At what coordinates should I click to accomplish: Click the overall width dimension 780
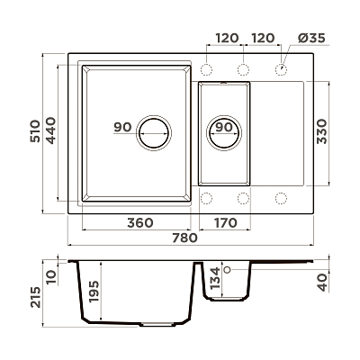184,238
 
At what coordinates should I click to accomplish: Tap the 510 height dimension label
35,131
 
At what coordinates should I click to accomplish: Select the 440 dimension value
50,130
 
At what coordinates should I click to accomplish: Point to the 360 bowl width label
140,223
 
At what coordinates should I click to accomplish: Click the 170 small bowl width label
225,223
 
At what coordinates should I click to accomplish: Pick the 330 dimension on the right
321,131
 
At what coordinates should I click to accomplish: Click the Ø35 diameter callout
312,38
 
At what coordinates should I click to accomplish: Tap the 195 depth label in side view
94,292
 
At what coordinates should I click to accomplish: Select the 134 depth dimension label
215,278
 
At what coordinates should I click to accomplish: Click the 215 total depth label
35,297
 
